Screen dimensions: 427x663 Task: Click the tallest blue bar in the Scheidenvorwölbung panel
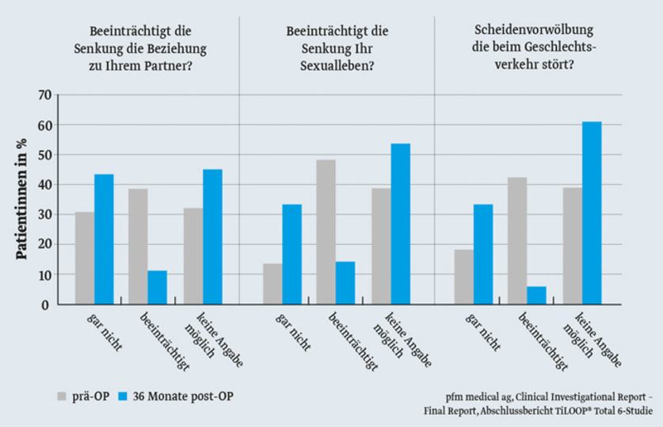point(592,213)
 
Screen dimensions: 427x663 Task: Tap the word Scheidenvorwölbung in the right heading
point(535,31)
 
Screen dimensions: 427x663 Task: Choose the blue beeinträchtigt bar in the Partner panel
point(157,288)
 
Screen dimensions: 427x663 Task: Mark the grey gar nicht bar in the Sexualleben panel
point(272,284)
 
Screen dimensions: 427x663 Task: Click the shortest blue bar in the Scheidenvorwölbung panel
point(536,295)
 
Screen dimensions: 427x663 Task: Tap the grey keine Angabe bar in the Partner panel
point(193,256)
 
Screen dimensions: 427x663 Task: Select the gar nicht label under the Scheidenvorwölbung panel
point(482,334)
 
